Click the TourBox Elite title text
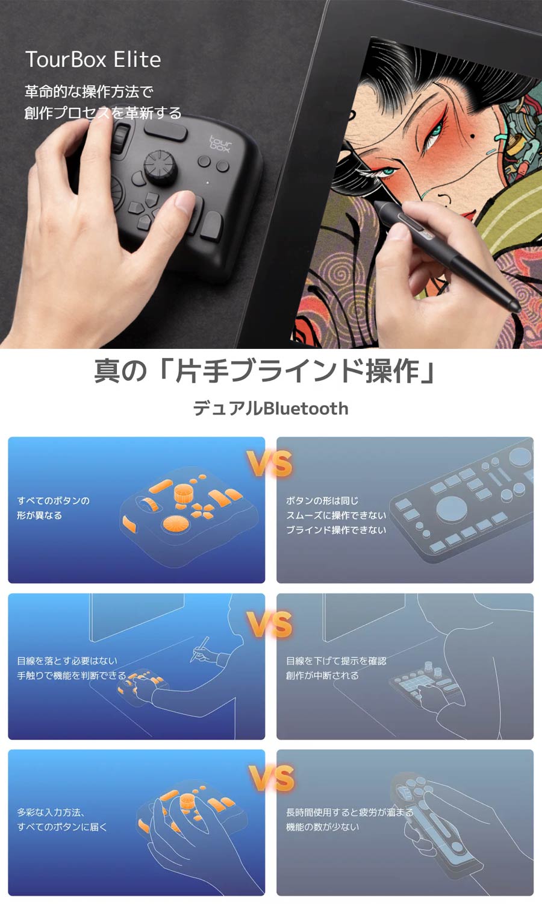pyautogui.click(x=93, y=60)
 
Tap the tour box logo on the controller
pyautogui.click(x=220, y=142)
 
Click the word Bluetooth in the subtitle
pyautogui.click(x=305, y=409)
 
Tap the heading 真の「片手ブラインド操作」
pyautogui.click(x=265, y=370)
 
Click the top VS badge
pyautogui.click(x=269, y=464)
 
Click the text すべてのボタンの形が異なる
pyautogui.click(x=53, y=508)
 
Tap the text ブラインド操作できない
pyautogui.click(x=336, y=530)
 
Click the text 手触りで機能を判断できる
pyautogui.click(x=71, y=676)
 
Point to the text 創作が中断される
pyautogui.click(x=322, y=676)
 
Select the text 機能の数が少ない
pyautogui.click(x=322, y=827)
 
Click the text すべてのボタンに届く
pyautogui.click(x=62, y=827)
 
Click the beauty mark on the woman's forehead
pyautogui.click(x=472, y=143)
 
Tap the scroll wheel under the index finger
pyautogui.click(x=121, y=139)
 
